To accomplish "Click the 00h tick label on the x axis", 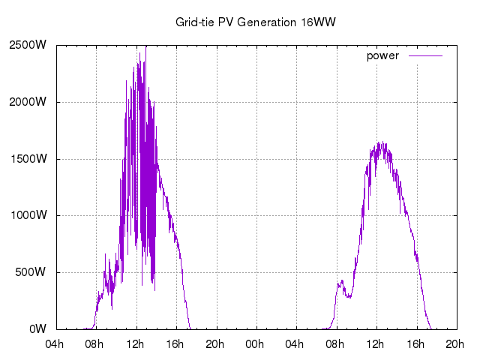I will click(256, 344).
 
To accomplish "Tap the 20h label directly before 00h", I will click(217, 344).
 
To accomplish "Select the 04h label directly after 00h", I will click(296, 344).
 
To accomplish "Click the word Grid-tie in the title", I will click(193, 22).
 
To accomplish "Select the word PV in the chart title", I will click(225, 22).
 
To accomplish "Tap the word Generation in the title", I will click(266, 22).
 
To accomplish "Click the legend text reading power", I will click(382, 56).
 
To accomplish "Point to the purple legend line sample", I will click(425, 56).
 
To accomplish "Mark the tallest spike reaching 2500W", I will click(145, 46).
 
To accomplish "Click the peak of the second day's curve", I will click(381, 142).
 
